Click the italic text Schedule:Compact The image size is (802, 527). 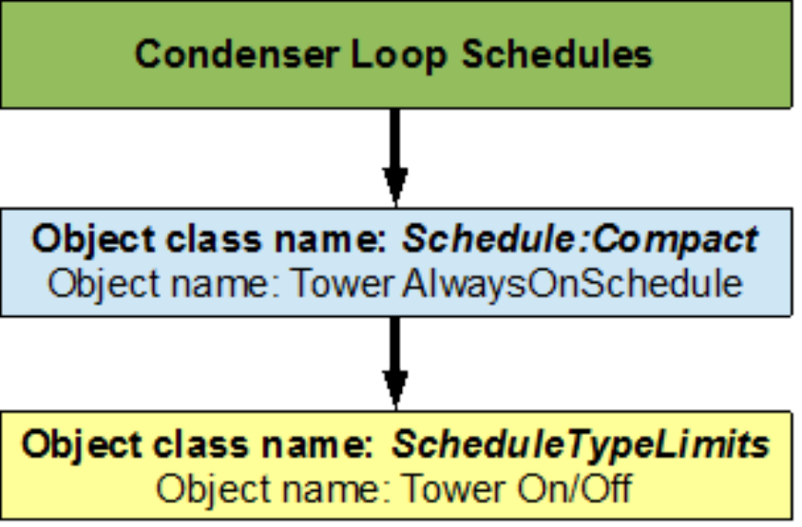(580, 239)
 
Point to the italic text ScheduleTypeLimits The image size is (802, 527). (582, 444)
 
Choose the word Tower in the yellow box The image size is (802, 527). (447, 489)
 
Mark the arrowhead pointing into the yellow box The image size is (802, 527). (395, 392)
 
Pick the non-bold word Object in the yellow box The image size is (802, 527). (205, 489)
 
